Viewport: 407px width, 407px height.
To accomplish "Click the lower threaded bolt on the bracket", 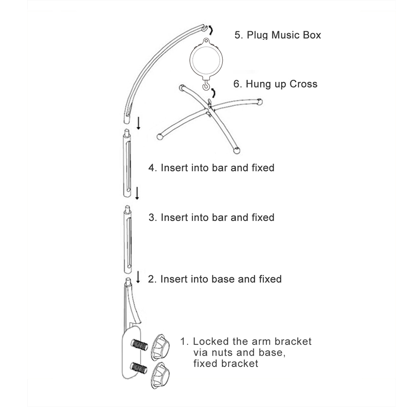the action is pos(139,368).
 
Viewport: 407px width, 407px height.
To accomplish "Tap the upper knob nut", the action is pos(160,347).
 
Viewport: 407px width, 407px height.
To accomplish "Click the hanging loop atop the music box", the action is pos(206,41).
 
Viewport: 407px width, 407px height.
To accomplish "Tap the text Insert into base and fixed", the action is pos(221,279).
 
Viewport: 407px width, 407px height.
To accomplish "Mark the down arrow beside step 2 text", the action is pos(138,277).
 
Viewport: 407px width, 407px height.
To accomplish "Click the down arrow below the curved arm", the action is pos(139,123).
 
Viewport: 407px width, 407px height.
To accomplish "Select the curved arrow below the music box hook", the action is pos(213,93).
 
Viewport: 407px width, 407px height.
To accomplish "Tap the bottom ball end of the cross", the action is pos(236,150).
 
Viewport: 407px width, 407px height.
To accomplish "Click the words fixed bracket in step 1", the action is pos(225,363).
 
